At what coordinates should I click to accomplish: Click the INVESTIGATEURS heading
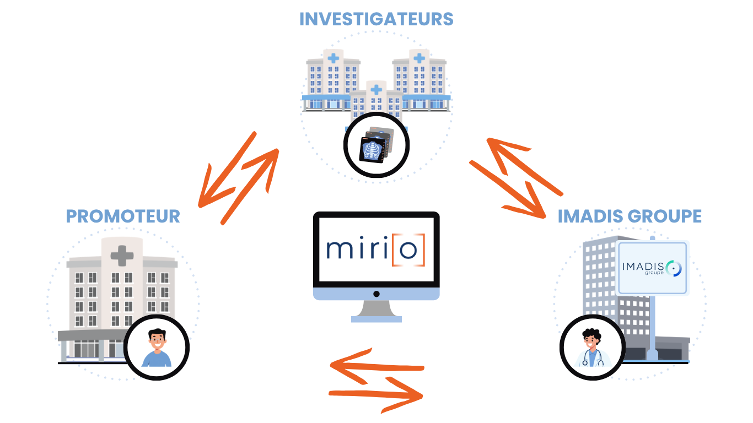coord(376,19)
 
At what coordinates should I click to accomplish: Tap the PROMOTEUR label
coord(123,216)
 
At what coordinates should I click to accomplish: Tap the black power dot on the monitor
coord(376,294)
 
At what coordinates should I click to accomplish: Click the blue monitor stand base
coord(376,318)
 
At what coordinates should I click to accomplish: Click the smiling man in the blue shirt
coord(157,348)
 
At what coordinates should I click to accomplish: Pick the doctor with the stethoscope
coord(592,348)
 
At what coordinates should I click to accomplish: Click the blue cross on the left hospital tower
coord(333,57)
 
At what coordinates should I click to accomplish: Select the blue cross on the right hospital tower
coord(419,57)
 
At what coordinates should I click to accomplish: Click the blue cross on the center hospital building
coord(376,89)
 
